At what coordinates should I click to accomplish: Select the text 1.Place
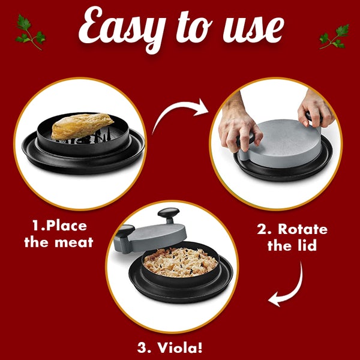(x=59, y=226)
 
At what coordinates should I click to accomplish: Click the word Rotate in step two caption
(x=304, y=229)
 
